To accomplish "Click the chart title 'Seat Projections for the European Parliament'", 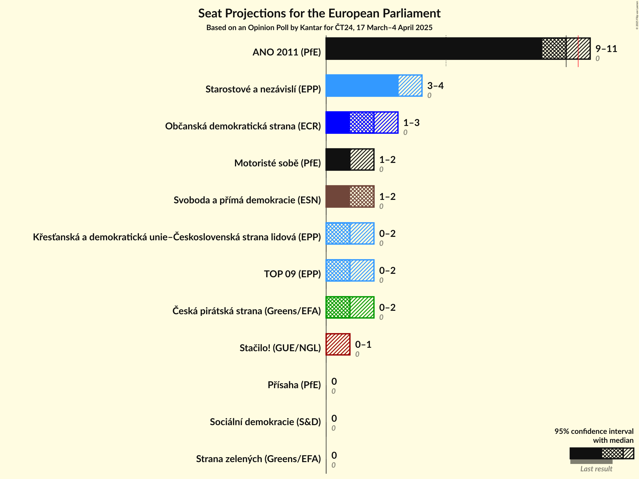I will click(319, 13).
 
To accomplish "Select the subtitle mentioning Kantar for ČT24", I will click(319, 27).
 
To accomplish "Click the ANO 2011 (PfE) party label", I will click(286, 52).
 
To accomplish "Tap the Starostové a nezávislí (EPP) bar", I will click(374, 86).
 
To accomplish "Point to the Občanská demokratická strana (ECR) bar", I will click(362, 123).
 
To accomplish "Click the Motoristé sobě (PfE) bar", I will click(350, 159).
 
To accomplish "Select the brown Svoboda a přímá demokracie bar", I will click(350, 196).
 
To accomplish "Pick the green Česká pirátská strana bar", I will click(350, 307).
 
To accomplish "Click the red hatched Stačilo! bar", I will click(338, 344).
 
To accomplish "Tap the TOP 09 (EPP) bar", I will click(350, 270).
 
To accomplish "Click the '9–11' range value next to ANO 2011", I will click(606, 49).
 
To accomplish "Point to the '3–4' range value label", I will click(435, 86).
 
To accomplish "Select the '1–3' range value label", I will click(411, 123).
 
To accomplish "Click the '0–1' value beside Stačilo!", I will click(363, 344).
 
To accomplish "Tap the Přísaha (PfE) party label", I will click(294, 385).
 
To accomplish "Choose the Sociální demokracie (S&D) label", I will click(265, 422).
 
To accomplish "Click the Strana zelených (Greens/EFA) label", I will click(258, 459).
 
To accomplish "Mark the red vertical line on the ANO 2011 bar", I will click(578, 51).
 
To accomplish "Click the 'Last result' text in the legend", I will click(596, 469).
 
